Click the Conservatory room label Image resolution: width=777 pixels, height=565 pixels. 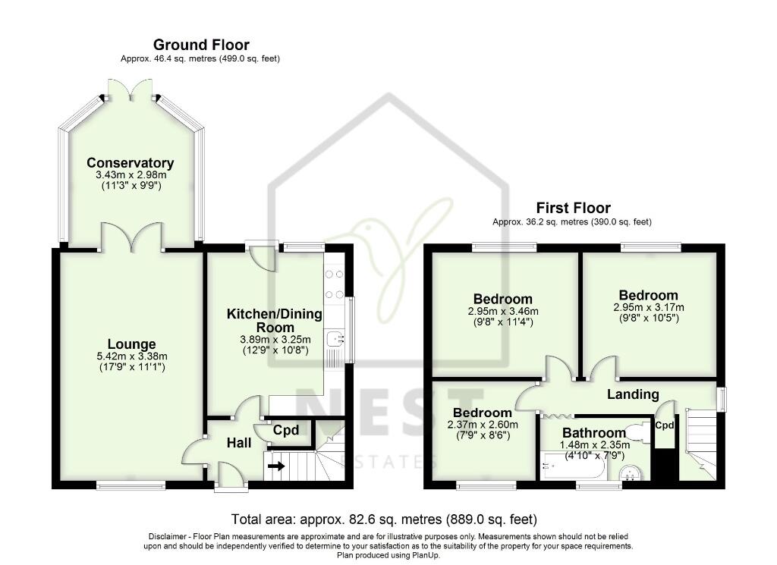pos(131,163)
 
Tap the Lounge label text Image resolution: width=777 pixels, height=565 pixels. pos(132,344)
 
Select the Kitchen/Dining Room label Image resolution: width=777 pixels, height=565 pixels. pos(275,320)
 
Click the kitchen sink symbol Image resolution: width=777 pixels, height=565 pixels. pos(336,339)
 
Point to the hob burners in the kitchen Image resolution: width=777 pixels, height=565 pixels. pos(335,284)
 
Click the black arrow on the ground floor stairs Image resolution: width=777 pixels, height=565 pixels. pos(277,466)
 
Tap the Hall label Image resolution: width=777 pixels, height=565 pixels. pos(239,443)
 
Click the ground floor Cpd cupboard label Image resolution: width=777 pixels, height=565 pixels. pos(286,430)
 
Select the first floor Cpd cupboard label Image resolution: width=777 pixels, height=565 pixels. pos(665,425)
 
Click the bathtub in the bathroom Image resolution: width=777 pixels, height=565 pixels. pos(573,466)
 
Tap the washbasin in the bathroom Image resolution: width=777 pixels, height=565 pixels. pos(631,473)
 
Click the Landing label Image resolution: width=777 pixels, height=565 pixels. pos(633,394)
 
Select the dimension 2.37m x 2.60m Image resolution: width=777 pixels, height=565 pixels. pos(482,425)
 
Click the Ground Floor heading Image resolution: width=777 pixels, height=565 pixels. pos(201,45)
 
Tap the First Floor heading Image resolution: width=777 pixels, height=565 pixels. pos(573,208)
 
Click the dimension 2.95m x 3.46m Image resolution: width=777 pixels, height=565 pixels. pos(503,312)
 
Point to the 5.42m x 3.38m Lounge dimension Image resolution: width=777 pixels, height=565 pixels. pos(132,356)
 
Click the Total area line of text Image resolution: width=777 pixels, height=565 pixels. pos(384,519)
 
